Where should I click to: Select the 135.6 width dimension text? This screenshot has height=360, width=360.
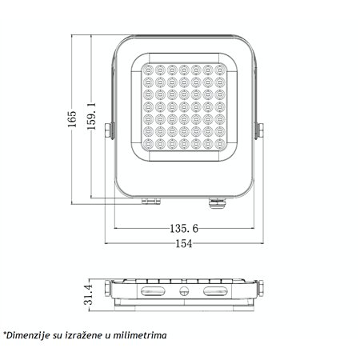[184, 229]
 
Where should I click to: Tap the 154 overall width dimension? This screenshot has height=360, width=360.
[183, 244]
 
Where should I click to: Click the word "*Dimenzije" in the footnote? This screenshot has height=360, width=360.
[25, 336]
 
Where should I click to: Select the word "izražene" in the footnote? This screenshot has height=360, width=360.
[89, 336]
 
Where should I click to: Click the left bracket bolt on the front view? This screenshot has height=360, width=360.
[110, 131]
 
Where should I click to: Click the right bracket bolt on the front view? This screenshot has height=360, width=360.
[258, 131]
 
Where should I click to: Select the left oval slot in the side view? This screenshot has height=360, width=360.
[153, 293]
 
